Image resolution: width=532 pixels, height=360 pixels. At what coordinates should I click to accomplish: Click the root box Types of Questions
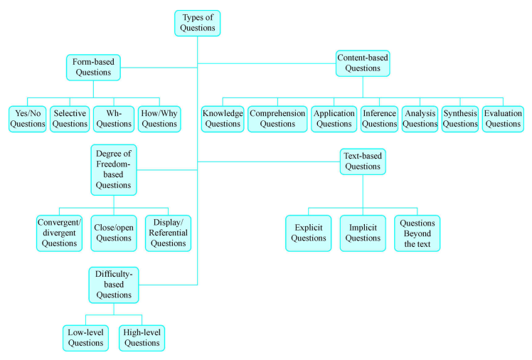click(x=197, y=23)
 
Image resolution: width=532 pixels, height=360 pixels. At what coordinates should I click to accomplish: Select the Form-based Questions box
click(x=94, y=67)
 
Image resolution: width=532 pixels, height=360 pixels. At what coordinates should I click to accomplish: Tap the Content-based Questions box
click(x=363, y=62)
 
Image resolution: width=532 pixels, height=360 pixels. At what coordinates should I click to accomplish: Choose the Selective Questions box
click(x=70, y=118)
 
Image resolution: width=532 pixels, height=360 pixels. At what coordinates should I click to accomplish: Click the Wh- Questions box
click(x=114, y=118)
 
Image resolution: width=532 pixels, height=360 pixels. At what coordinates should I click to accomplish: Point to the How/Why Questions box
click(x=159, y=118)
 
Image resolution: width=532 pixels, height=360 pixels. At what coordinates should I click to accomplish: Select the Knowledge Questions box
click(x=223, y=118)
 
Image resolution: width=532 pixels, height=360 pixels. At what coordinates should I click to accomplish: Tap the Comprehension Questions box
click(x=277, y=118)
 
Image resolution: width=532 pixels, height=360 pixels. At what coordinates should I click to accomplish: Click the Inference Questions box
click(x=378, y=118)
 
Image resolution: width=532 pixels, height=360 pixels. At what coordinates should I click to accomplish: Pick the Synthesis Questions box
click(x=459, y=118)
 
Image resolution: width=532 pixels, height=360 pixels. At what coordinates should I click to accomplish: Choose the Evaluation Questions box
click(x=503, y=118)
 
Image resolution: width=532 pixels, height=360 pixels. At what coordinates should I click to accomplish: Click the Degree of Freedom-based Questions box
click(x=114, y=169)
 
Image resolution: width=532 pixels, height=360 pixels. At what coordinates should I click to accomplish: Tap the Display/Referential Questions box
click(x=169, y=232)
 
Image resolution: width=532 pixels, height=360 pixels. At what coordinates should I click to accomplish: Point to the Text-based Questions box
click(x=363, y=161)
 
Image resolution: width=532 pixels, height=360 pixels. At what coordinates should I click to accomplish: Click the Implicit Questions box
click(x=363, y=233)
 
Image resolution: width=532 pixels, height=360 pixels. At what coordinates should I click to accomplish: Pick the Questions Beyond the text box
click(x=417, y=233)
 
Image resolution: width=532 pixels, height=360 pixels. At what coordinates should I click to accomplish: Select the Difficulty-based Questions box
click(x=114, y=284)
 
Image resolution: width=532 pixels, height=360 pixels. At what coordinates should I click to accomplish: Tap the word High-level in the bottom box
click(x=142, y=332)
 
